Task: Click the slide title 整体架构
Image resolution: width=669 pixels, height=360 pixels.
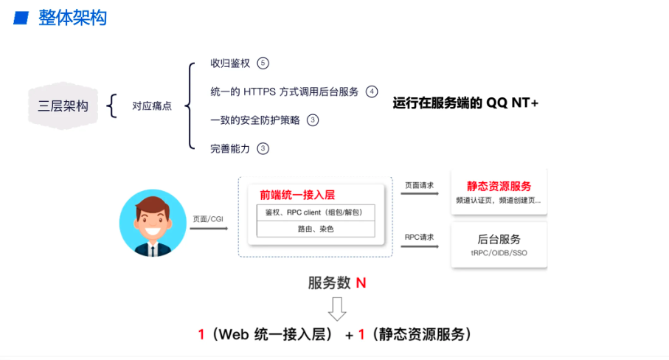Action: (72, 18)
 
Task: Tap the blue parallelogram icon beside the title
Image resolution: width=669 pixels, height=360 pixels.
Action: (22, 18)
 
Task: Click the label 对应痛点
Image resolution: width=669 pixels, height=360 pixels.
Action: (152, 106)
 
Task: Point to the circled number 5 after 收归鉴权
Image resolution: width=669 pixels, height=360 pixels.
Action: (263, 63)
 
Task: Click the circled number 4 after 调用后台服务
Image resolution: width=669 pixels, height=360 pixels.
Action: (372, 91)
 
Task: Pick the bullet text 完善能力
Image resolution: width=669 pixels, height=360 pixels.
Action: (230, 148)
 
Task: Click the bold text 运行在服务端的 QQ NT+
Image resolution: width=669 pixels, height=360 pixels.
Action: (466, 103)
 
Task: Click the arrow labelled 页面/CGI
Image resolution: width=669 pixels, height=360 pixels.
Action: (209, 229)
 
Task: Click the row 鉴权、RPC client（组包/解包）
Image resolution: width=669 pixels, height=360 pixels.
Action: (315, 212)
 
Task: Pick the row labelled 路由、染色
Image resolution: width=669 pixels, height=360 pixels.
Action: (315, 229)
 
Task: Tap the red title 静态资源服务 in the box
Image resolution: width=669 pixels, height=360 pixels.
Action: (499, 187)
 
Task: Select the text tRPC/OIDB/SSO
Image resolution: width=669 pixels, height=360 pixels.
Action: (499, 253)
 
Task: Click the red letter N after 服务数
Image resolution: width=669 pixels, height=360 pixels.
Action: (361, 283)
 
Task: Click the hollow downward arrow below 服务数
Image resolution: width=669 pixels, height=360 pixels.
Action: (336, 308)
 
